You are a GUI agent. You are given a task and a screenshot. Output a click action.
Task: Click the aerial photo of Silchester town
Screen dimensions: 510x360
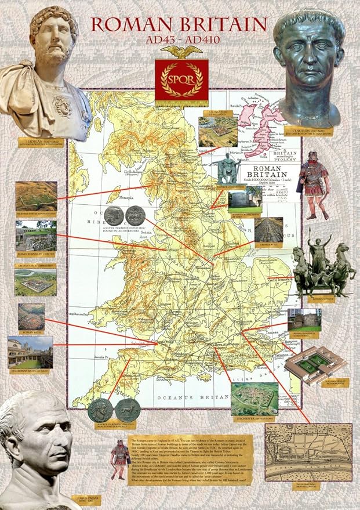(254, 399)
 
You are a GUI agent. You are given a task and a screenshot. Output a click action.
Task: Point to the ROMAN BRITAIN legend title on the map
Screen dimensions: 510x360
(271, 172)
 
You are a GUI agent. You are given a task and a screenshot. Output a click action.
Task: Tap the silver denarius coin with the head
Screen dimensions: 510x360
(114, 216)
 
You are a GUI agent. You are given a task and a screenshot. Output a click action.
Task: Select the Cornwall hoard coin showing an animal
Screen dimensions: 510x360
(128, 410)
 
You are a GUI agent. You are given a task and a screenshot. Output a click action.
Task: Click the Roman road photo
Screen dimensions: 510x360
(268, 229)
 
